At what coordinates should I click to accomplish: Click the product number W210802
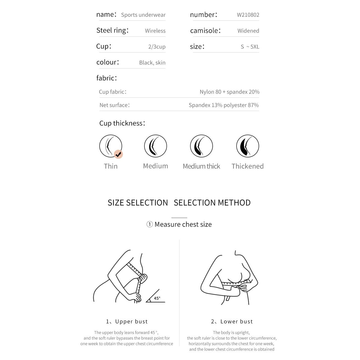pos(248,15)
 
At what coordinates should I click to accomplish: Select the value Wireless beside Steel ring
pos(155,31)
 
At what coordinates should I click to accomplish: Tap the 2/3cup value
pos(157,47)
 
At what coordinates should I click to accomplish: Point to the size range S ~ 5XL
pos(250,47)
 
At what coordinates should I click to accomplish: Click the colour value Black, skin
pos(152,63)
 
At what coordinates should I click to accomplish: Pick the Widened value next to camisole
pos(248,31)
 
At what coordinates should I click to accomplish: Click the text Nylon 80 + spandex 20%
pos(229,92)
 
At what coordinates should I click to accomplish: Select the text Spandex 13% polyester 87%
pos(224,105)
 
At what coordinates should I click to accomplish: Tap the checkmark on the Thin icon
pos(118,154)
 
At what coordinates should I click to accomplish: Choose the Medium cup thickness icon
pos(156,146)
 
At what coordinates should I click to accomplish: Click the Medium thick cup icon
pos(202,146)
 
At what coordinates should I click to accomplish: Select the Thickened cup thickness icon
pos(247,146)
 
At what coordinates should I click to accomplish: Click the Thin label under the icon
pos(111,166)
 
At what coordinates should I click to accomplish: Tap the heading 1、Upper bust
pos(127,322)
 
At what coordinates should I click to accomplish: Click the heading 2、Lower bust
pos(232,322)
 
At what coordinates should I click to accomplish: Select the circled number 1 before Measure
pos(149,224)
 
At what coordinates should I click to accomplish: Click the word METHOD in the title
pos(234,203)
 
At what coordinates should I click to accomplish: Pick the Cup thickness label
pos(122,123)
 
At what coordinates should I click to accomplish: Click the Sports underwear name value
pos(143,15)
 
